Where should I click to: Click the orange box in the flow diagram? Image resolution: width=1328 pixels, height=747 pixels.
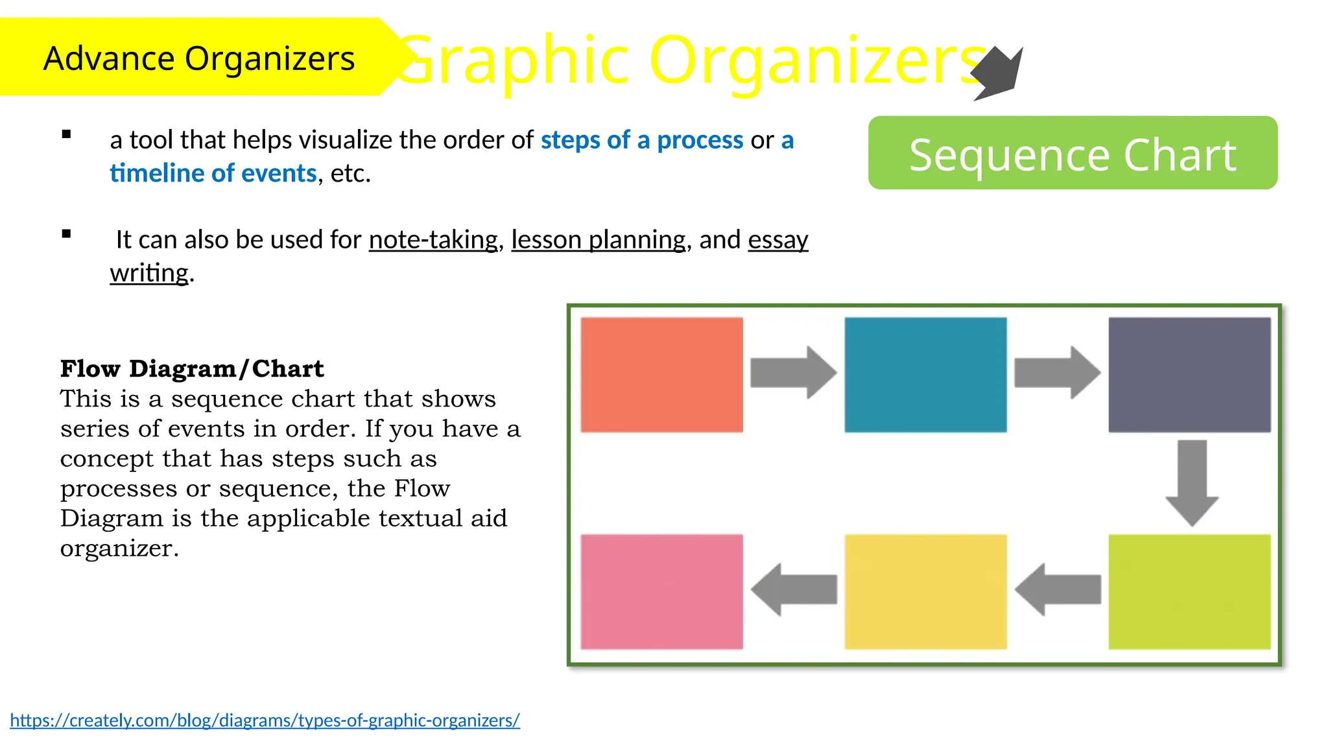(x=661, y=374)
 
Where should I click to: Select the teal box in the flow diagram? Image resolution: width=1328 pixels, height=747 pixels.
(x=925, y=374)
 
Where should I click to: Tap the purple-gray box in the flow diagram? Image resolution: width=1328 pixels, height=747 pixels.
(x=1189, y=374)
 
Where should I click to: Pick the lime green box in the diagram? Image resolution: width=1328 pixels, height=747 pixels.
(x=1189, y=591)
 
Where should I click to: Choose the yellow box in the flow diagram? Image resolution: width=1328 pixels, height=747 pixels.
(x=925, y=591)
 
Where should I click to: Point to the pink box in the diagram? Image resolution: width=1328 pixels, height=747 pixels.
(x=661, y=591)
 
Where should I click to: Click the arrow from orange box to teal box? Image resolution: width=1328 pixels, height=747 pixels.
(x=793, y=373)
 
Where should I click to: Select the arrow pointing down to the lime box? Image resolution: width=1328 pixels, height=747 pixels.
(x=1192, y=482)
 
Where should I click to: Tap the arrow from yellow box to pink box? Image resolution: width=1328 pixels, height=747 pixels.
(x=794, y=589)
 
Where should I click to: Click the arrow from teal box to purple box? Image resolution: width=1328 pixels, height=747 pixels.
(x=1057, y=373)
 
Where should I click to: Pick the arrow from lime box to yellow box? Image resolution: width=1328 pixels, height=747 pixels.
(x=1058, y=589)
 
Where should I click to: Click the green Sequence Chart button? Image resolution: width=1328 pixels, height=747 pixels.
(x=1073, y=153)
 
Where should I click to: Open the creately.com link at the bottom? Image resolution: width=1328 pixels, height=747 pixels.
(x=265, y=720)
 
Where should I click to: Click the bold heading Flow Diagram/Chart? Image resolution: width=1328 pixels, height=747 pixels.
(x=192, y=368)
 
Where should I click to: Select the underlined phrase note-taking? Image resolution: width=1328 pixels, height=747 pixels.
(x=433, y=240)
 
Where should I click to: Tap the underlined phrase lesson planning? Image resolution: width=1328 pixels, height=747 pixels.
(x=598, y=240)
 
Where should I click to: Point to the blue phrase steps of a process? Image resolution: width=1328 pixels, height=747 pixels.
(x=642, y=140)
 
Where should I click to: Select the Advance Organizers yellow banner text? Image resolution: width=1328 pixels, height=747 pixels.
(x=199, y=58)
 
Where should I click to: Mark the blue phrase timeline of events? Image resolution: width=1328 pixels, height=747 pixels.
(x=213, y=173)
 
